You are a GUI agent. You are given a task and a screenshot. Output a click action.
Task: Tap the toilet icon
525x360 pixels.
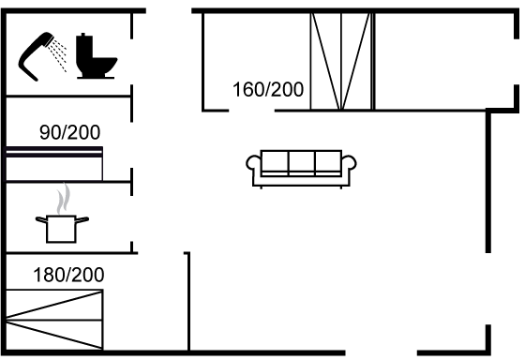click(96, 55)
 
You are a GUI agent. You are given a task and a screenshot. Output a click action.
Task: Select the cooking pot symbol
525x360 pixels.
click(62, 229)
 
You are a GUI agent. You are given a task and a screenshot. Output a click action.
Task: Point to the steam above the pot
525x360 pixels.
click(64, 198)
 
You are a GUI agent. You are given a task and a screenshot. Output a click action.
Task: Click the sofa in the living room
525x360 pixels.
click(301, 169)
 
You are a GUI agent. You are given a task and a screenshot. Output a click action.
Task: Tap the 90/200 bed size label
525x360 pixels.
click(69, 132)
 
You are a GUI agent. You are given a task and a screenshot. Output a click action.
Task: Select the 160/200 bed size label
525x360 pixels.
click(268, 89)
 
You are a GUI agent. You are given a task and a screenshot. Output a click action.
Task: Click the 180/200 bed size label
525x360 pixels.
click(68, 275)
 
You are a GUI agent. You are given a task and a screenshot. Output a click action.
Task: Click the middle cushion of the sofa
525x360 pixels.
click(301, 162)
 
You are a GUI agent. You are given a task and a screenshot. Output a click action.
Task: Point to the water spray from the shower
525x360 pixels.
click(57, 55)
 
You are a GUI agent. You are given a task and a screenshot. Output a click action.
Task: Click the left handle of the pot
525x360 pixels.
click(41, 219)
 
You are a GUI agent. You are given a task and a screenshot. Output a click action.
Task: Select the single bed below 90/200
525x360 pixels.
click(54, 164)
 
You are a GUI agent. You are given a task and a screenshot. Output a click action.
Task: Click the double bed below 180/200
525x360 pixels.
click(54, 320)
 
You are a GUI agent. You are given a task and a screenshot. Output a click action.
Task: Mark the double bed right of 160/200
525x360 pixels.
click(341, 62)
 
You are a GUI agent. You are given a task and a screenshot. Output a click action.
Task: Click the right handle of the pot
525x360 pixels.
click(82, 219)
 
